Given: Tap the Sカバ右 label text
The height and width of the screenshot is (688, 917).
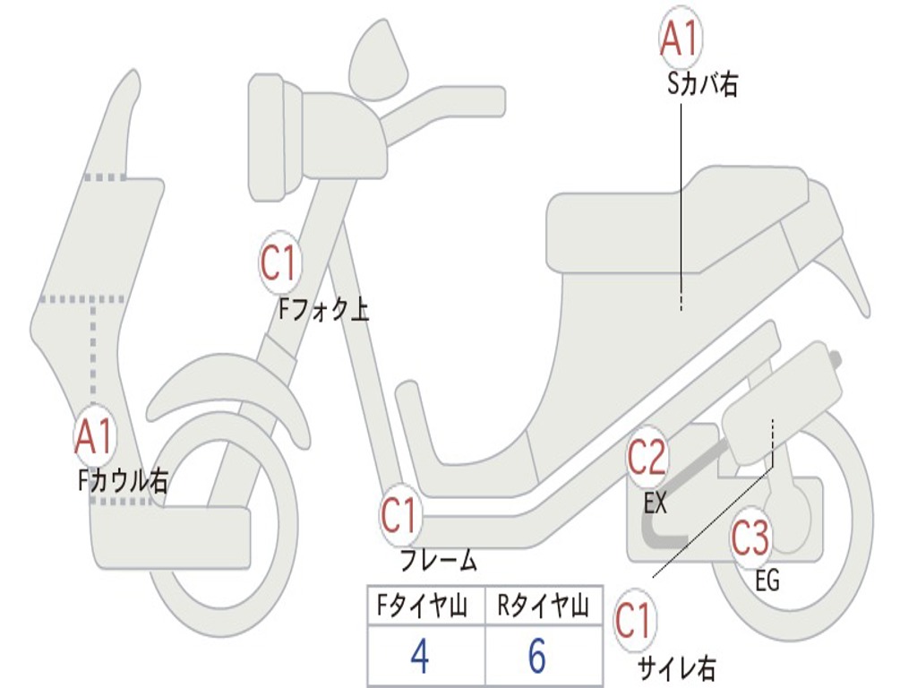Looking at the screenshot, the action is [x=703, y=85].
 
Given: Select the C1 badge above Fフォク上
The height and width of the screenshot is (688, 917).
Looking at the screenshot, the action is [x=279, y=263].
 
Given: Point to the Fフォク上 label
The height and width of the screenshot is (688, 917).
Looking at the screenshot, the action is [x=323, y=310].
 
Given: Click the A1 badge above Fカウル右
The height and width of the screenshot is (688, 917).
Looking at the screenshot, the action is [x=93, y=436].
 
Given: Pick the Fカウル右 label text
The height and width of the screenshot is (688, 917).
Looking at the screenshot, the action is [x=123, y=481].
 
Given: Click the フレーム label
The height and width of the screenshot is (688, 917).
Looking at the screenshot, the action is [x=439, y=562].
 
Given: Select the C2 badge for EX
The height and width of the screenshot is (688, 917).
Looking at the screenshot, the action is [x=647, y=458].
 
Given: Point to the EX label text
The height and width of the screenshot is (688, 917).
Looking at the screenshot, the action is [x=656, y=503].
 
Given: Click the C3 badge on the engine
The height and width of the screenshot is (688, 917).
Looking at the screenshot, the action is [x=750, y=538].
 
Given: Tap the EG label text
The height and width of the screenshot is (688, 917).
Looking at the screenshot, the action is [x=767, y=581].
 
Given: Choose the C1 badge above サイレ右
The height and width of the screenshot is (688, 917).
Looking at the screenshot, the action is [x=633, y=621].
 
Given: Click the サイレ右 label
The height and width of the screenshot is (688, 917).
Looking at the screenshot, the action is [x=676, y=667].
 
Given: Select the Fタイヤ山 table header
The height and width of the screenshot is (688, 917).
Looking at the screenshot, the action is [x=424, y=607].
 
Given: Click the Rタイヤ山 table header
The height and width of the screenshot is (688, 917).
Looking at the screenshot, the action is [x=544, y=607].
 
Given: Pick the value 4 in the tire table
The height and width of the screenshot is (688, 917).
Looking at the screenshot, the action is [x=419, y=656].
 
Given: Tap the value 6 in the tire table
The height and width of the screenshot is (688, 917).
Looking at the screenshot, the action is [x=537, y=656].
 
